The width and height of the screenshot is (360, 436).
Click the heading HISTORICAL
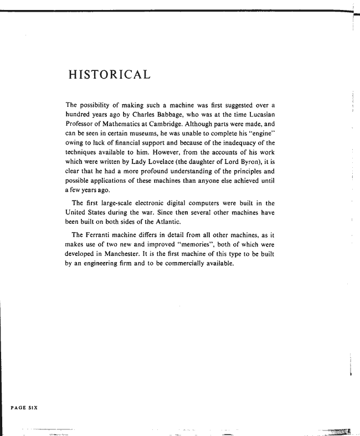point(108,74)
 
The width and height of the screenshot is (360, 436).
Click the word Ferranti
point(104,235)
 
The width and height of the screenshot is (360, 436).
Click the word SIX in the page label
point(31,407)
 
